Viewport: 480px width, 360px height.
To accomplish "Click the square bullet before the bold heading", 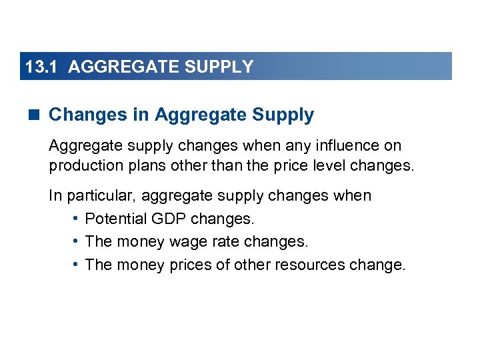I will coord(35,115).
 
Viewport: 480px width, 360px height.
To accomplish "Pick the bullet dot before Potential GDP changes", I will coord(77,218).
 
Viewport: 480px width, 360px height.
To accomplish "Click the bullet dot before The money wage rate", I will coord(77,241).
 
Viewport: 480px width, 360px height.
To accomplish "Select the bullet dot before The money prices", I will coord(77,264).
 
